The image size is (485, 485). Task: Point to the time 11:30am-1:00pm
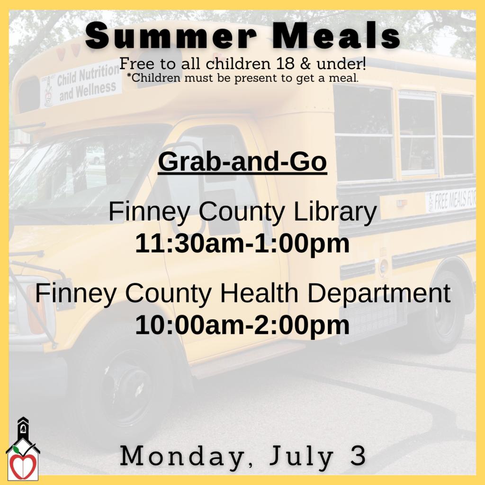pyautogui.click(x=242, y=244)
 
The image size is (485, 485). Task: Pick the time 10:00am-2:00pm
pyautogui.click(x=242, y=325)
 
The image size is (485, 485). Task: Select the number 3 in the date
pyautogui.click(x=359, y=457)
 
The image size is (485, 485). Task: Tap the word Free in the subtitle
pyautogui.click(x=134, y=63)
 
